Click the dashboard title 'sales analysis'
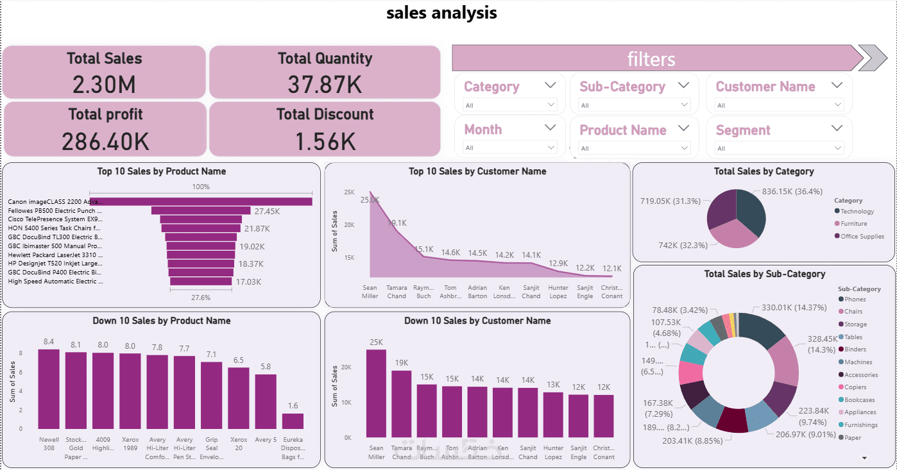[x=441, y=13]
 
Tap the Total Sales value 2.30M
[x=105, y=84]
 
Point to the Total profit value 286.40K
[x=105, y=140]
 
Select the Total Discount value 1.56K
[x=325, y=140]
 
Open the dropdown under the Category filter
[x=510, y=105]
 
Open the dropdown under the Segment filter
[x=780, y=148]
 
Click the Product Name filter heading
[x=622, y=130]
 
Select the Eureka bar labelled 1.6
[x=293, y=421]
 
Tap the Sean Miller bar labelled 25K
[x=377, y=393]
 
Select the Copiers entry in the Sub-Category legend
[x=855, y=387]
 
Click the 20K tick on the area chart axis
[x=350, y=225]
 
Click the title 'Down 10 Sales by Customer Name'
[x=477, y=321]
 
